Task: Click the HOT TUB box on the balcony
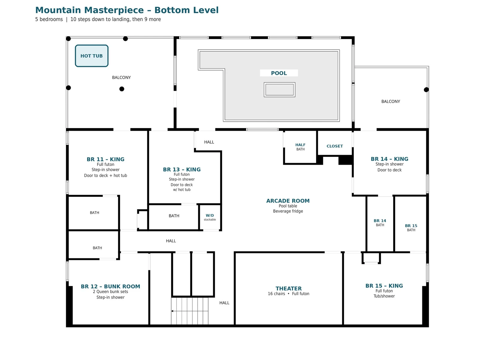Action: tap(92, 56)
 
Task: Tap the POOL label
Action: tap(279, 73)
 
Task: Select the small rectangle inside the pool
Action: tap(280, 89)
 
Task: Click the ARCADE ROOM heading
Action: tap(288, 201)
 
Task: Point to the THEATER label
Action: tap(289, 288)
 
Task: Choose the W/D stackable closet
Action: tap(210, 217)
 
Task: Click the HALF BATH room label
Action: tap(300, 147)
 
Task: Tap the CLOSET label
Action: tap(335, 146)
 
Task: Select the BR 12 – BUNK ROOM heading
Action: tap(110, 286)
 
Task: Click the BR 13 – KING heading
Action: tap(182, 170)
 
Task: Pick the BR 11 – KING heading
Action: tap(105, 159)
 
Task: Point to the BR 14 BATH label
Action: tap(380, 223)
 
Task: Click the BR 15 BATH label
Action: tap(411, 228)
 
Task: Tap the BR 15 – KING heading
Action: tap(384, 286)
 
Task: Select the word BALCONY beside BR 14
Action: tap(390, 102)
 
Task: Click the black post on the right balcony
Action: tap(426, 89)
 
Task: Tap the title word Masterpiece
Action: tap(114, 11)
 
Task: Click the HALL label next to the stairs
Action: tap(224, 303)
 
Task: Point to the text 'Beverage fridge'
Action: tap(288, 211)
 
